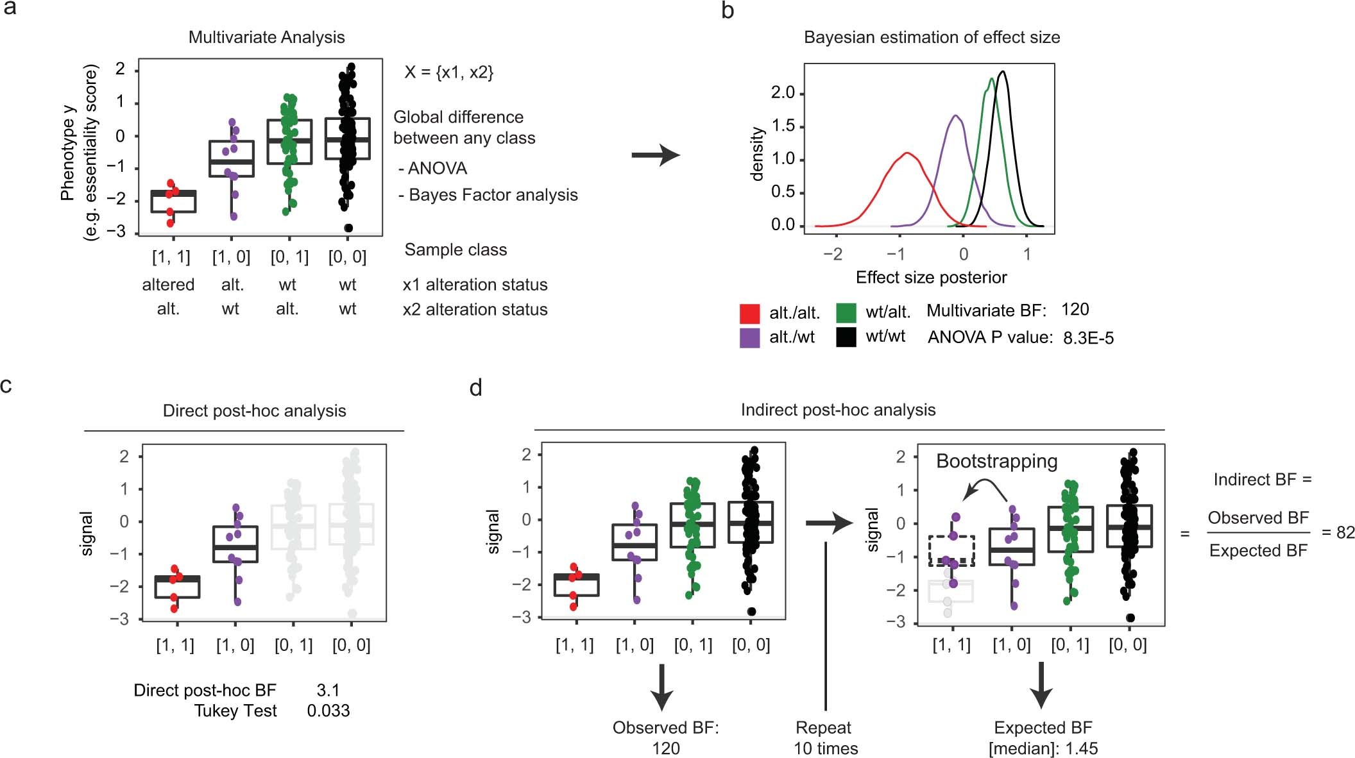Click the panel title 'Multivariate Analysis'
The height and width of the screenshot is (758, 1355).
[x=266, y=37]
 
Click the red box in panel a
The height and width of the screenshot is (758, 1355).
[x=173, y=201]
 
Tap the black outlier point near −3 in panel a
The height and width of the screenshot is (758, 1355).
[x=348, y=228]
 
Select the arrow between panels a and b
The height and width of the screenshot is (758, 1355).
[x=655, y=155]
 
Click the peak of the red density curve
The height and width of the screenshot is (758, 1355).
[x=907, y=153]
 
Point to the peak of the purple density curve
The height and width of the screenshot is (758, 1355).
[x=955, y=116]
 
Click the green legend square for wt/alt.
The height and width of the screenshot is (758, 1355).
[x=846, y=312]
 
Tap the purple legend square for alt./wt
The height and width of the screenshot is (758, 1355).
[x=749, y=337]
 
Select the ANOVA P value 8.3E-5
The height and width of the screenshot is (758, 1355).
[x=1088, y=338]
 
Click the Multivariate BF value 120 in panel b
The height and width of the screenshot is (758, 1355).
[x=1075, y=310]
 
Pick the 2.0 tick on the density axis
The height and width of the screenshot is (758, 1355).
[x=783, y=93]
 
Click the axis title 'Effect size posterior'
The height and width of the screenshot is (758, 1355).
[x=931, y=277]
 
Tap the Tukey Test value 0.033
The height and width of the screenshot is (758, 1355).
[x=328, y=711]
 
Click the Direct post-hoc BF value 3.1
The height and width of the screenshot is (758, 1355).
[x=328, y=690]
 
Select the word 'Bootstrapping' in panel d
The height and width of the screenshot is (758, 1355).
[x=996, y=461]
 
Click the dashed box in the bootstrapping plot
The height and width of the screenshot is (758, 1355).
[x=951, y=550]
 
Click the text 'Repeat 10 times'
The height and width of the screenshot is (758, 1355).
[x=825, y=737]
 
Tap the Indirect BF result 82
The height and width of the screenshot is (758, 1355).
[x=1345, y=532]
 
